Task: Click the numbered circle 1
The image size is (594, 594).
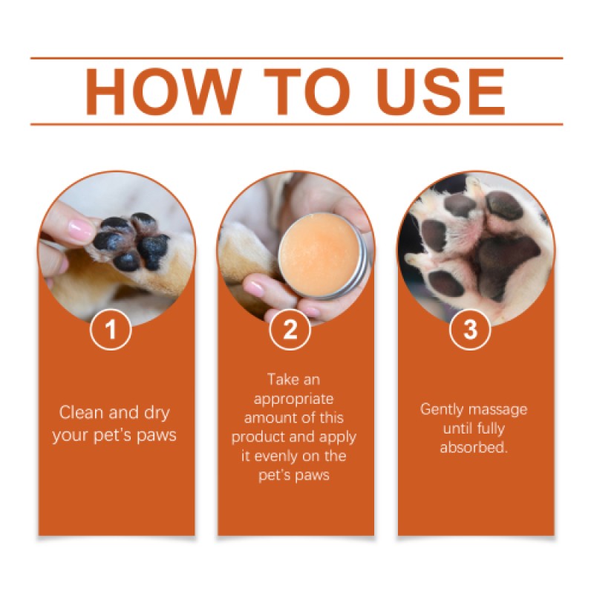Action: click(111, 330)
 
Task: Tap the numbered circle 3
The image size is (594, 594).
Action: click(470, 330)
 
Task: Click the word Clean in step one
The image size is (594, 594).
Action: click(79, 413)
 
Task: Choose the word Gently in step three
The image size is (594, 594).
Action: click(443, 409)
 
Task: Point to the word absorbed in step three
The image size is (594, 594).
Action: click(474, 448)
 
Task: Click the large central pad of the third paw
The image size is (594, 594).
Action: click(497, 260)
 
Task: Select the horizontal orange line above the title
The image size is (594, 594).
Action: click(297, 58)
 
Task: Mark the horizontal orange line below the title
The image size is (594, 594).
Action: click(297, 124)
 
